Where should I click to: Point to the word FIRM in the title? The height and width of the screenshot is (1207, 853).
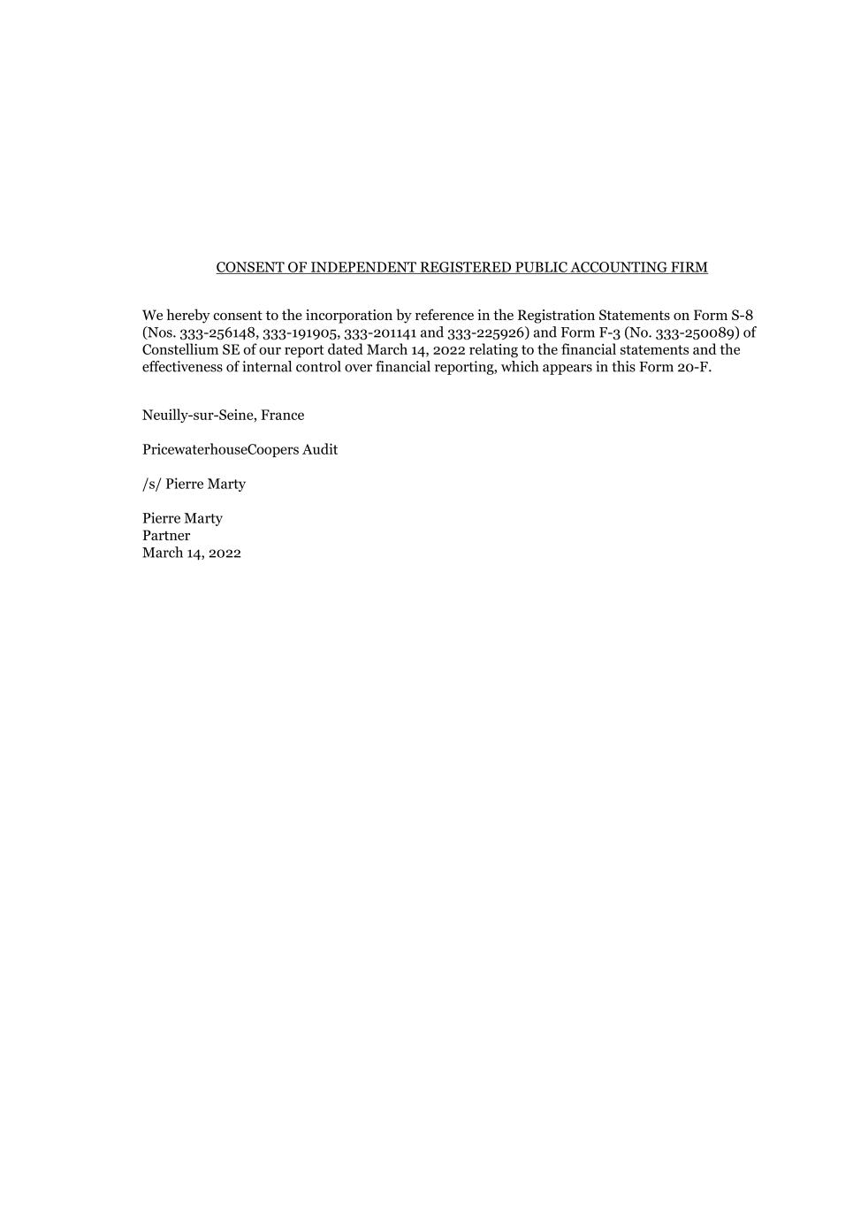click(689, 267)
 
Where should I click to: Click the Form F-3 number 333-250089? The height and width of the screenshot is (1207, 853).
click(697, 332)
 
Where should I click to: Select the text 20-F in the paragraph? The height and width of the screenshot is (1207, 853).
click(695, 367)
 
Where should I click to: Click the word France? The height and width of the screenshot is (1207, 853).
click(282, 415)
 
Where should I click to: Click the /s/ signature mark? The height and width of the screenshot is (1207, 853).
click(152, 484)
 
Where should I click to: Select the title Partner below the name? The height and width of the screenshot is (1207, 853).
click(166, 535)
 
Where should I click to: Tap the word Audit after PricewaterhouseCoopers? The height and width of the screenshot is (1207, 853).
click(320, 449)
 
